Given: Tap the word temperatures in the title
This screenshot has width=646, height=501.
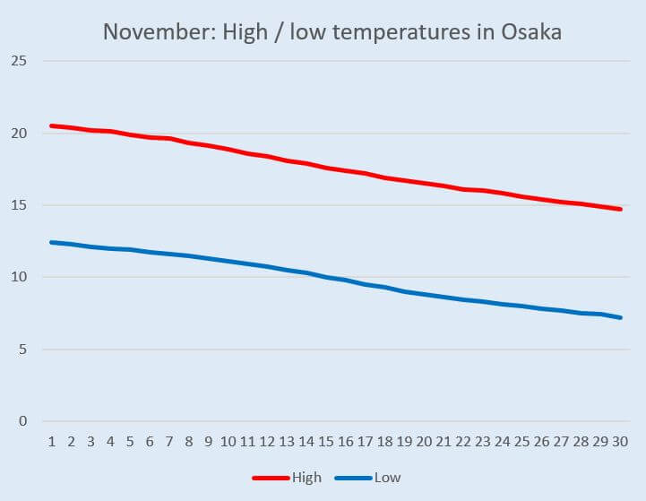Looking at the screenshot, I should point(371,31).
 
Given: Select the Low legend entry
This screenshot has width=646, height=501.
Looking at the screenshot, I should point(387,478).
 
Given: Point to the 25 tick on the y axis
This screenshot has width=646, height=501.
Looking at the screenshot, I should point(20,61).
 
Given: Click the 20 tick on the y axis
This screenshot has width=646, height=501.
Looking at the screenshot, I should point(20,134).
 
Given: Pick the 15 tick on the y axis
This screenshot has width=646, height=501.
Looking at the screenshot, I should point(20,205).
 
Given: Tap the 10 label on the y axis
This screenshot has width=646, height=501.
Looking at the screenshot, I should point(20,278).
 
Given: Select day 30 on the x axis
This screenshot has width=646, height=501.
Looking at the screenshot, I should point(620,442).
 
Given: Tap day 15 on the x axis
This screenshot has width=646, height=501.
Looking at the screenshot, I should point(326,442).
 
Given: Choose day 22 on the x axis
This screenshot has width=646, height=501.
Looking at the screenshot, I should point(463,442).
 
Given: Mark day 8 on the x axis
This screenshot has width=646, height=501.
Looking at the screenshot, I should point(188,442).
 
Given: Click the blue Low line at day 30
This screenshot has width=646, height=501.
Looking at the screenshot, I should point(620,317).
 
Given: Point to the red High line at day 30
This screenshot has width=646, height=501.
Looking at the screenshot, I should point(620,209).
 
